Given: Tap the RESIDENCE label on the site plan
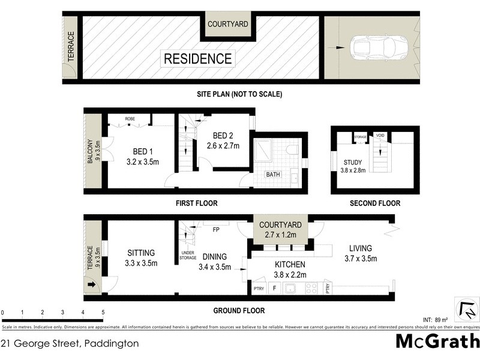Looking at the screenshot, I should click(197, 59).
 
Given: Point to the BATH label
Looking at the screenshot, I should click(273, 175).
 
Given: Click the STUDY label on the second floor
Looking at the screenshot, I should click(353, 162).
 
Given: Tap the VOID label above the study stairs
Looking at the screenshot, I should click(379, 136).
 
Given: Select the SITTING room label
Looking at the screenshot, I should click(141, 253).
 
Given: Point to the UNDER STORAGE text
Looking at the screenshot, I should click(188, 256).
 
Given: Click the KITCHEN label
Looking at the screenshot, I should click(290, 264).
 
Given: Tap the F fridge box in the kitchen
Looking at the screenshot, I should click(275, 289).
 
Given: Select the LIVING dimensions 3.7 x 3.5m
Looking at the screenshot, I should click(361, 259).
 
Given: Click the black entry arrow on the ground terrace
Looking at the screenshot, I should click(91, 285).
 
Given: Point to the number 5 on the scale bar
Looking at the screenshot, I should click(103, 313).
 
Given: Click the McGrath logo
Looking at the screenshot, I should click(437, 341).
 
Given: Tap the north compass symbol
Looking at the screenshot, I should click(467, 310).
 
